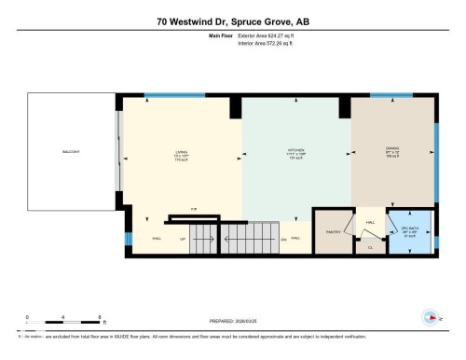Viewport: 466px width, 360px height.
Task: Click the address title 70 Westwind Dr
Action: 233,22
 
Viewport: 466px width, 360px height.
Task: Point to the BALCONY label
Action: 71,152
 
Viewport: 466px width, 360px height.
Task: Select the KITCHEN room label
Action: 295,153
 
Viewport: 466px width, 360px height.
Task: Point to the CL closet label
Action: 370,246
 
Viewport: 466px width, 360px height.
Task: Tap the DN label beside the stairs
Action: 283,238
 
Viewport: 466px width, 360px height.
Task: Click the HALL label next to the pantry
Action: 295,238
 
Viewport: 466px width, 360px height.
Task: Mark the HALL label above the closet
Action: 369,222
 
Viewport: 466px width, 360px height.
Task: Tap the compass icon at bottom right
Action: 432,317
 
